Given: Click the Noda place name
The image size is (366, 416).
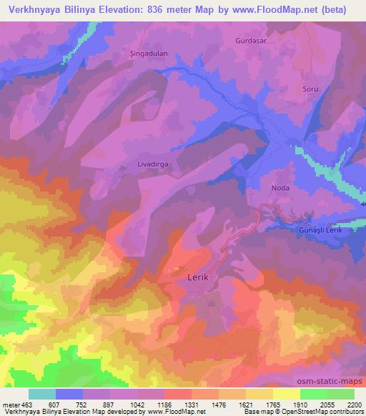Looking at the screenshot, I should point(280,189).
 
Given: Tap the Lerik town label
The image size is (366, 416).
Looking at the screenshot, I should point(197,277).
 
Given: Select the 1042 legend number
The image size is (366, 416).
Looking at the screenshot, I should point(139,404).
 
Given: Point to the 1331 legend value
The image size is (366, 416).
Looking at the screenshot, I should point(194,404).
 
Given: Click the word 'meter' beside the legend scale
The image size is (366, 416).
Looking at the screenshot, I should point(11,404).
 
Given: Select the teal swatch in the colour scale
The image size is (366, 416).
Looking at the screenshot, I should point(42,394).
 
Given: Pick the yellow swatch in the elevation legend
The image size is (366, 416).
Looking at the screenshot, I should point(287,394).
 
